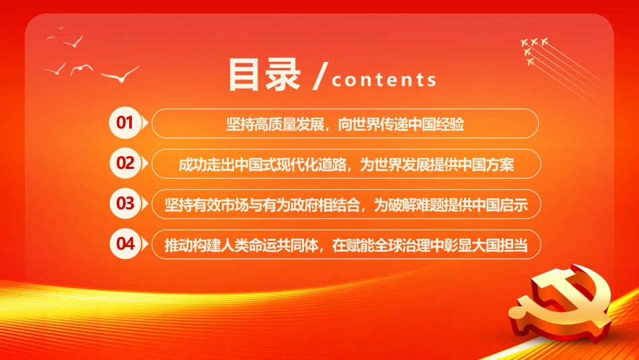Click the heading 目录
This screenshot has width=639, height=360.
tap(264, 75)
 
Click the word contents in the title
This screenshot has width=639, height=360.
tap(384, 79)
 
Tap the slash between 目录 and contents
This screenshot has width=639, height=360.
tap(320, 75)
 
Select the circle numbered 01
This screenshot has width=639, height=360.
tap(124, 122)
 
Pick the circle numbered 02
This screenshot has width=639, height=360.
tap(124, 163)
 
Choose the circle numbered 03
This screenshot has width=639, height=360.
tap(124, 203)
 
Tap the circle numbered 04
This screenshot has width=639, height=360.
tap(124, 244)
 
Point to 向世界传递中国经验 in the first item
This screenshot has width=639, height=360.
tap(401, 124)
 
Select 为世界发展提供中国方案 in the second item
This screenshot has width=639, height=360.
tap(437, 164)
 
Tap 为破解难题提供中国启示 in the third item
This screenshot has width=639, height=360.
tap(451, 205)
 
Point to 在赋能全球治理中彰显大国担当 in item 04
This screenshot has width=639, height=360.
tap(430, 245)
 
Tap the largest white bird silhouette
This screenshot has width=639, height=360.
tap(120, 75)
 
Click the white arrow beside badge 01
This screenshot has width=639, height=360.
tap(145, 122)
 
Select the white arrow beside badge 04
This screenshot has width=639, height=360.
tap(145, 244)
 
